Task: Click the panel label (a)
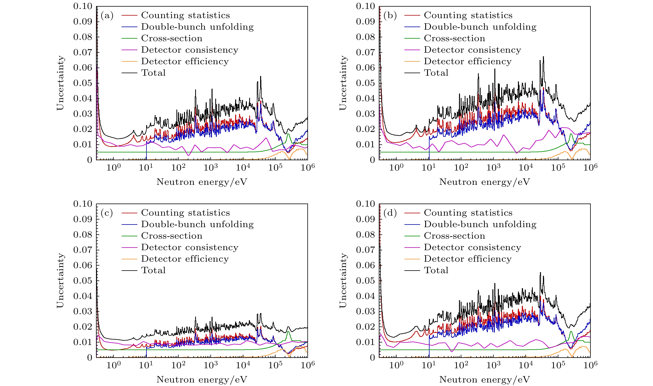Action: (107, 16)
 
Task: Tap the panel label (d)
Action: (390, 213)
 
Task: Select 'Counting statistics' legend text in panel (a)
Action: (185, 15)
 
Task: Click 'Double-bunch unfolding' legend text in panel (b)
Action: (480, 27)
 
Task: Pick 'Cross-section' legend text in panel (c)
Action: (172, 236)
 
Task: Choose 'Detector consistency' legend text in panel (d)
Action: (472, 247)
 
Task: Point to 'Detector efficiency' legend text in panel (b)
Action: (468, 61)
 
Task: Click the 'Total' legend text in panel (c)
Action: (153, 270)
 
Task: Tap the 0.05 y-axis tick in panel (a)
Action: (83, 83)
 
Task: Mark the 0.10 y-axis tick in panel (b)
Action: (365, 6)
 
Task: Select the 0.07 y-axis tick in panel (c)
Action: (83, 250)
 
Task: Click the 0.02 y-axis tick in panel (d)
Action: (365, 327)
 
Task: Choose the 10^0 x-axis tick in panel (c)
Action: (113, 365)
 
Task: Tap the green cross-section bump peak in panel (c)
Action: (288, 332)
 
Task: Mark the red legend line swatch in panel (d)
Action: (412, 213)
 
